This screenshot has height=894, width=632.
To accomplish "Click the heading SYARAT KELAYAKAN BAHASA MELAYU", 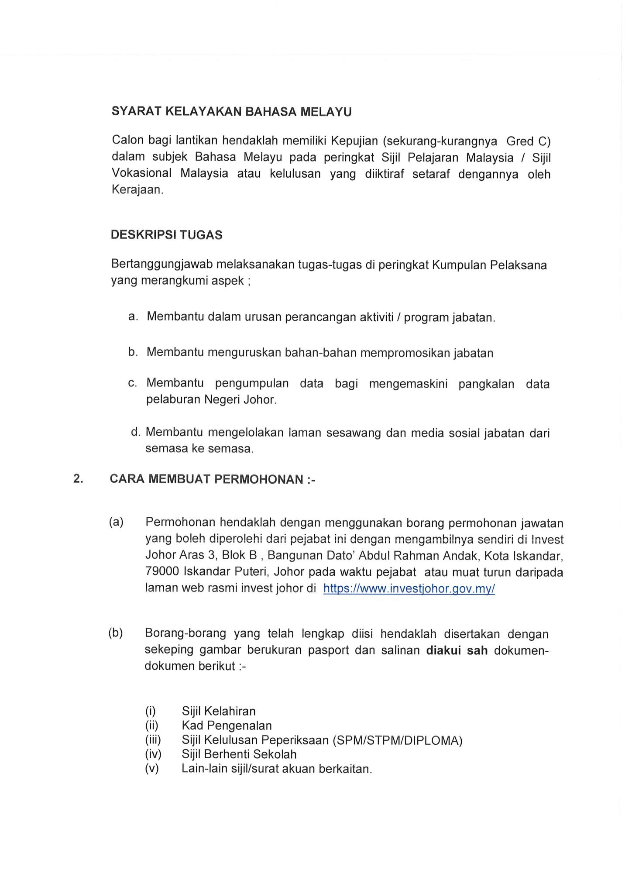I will (x=231, y=112).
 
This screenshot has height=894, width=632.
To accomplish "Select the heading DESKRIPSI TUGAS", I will (x=166, y=235).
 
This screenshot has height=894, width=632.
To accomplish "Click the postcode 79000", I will (x=162, y=572).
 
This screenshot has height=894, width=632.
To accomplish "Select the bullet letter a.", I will (x=133, y=316).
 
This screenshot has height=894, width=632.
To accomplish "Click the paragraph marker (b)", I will (x=116, y=633).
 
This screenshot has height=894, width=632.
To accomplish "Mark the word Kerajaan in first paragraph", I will (x=137, y=190).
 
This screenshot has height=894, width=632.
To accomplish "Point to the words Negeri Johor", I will (x=240, y=400).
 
